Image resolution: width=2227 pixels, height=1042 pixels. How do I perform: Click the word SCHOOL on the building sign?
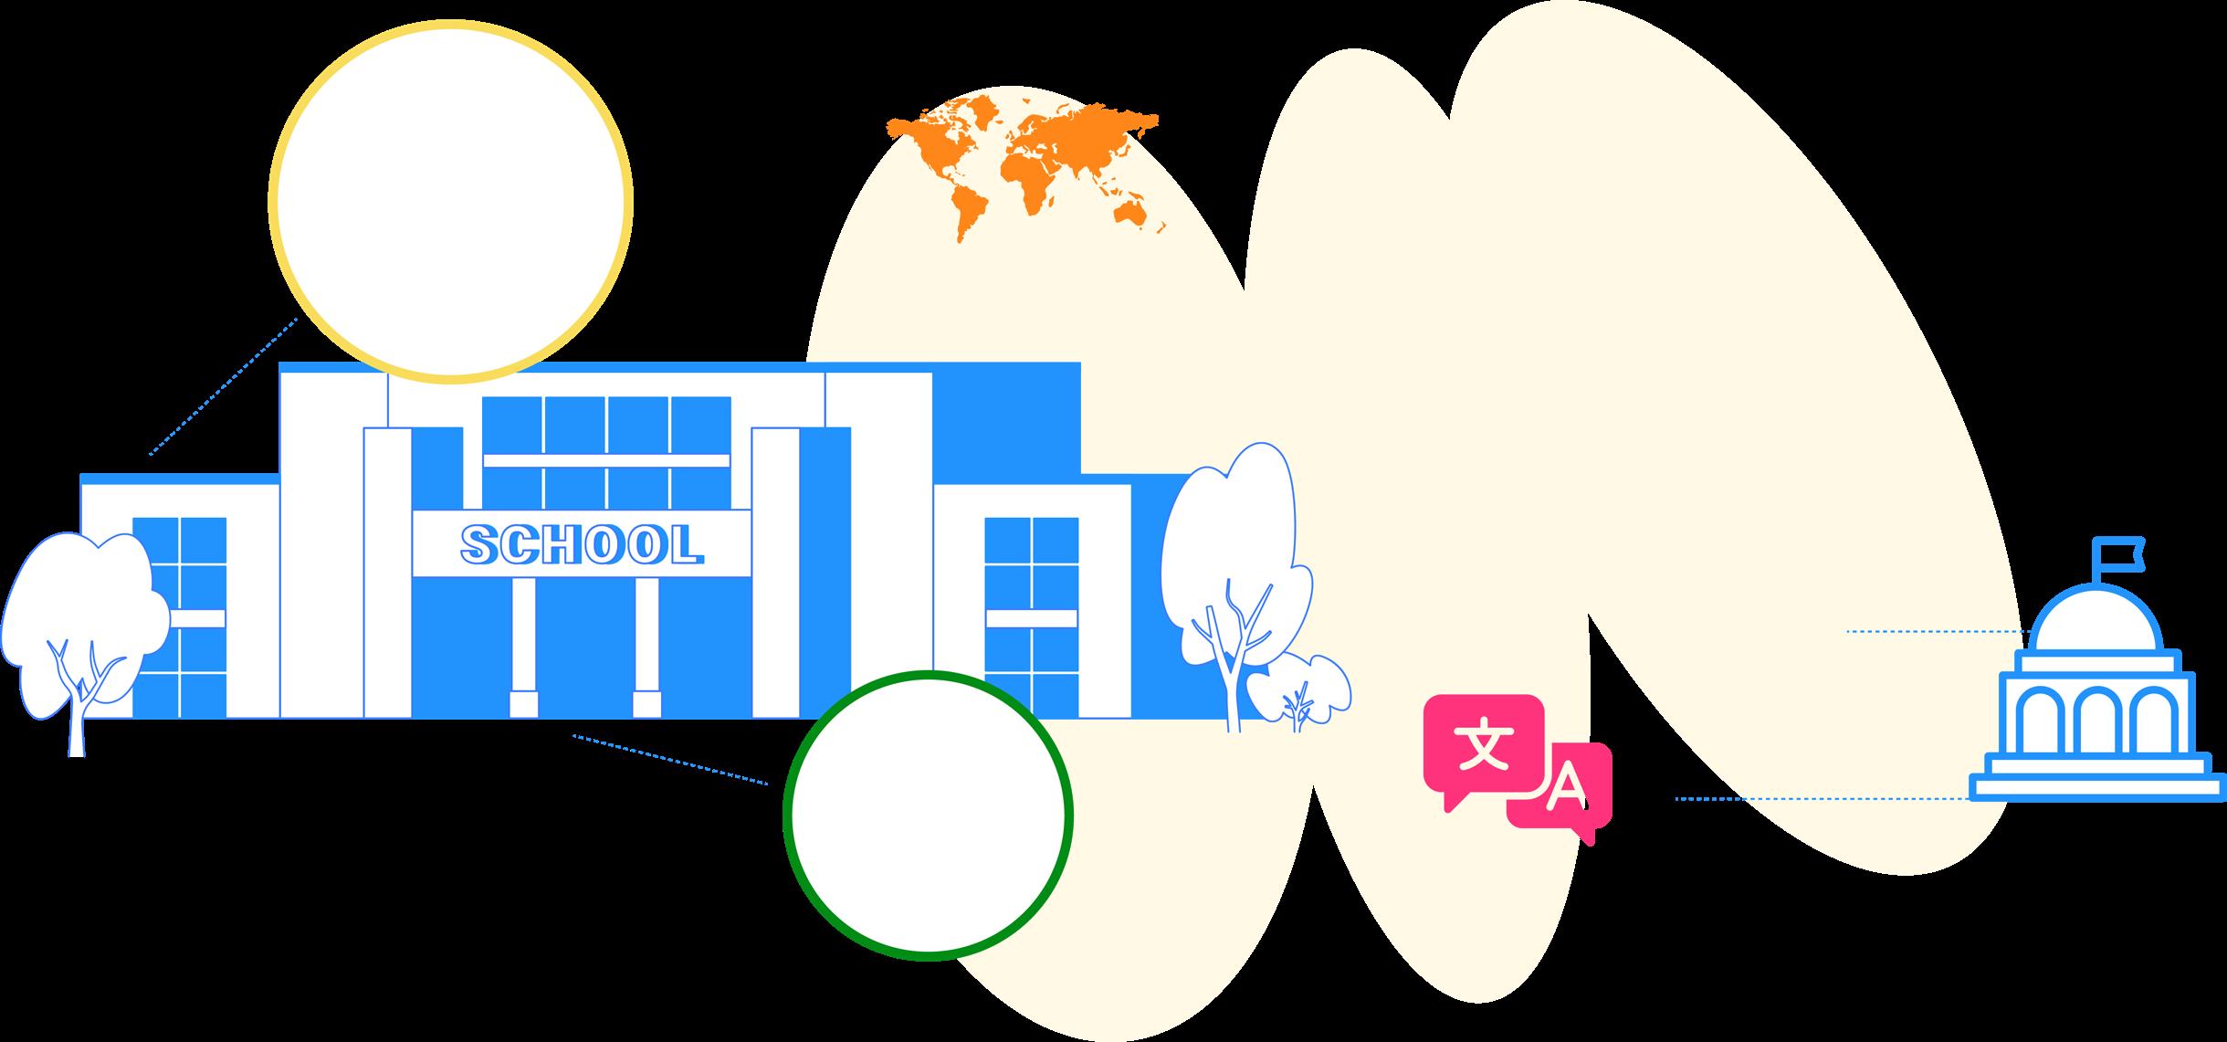click(x=582, y=544)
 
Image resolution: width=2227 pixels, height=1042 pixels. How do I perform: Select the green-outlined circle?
click(x=928, y=816)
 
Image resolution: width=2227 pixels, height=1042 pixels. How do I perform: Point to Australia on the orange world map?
click(x=1133, y=213)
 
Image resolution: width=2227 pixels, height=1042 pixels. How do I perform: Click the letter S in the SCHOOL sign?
click(x=478, y=544)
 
